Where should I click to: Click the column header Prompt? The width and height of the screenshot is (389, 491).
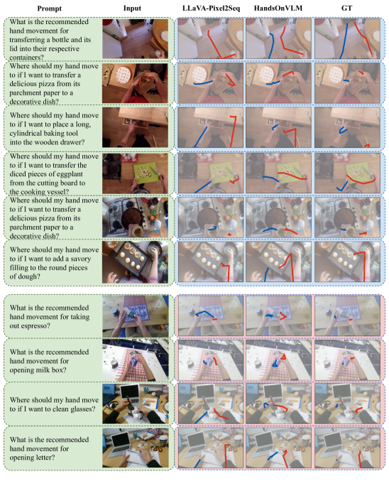tap(50, 9)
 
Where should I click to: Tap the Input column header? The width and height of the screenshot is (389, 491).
tap(132, 8)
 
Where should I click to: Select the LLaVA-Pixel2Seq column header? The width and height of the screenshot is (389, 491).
tap(211, 8)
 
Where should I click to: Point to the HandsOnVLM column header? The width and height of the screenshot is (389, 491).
tap(278, 8)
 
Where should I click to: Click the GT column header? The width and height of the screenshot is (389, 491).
tap(347, 8)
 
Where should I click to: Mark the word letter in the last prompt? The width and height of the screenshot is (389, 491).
tap(43, 458)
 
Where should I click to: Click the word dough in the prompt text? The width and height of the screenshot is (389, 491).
tap(31, 276)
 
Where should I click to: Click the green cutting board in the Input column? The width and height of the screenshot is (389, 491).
tap(146, 172)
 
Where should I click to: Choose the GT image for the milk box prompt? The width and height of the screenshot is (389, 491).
tap(347, 360)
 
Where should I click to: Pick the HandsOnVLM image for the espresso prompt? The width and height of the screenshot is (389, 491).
tap(278, 315)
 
